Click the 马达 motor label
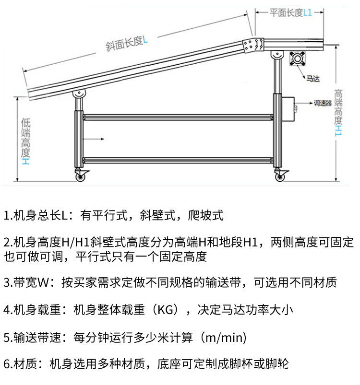point(313,79)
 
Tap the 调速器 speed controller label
point(323,103)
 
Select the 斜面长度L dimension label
point(127,43)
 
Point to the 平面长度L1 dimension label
point(291,12)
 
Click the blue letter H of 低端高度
point(25,161)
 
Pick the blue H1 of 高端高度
point(338,130)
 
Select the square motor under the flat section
point(297,58)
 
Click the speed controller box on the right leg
point(288,109)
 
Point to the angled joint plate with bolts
point(253,45)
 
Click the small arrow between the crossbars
point(94,139)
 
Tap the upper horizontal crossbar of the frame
point(178,117)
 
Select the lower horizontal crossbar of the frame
point(178,160)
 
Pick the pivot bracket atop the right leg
point(277,55)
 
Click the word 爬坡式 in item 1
point(205,215)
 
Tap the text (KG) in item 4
point(166,310)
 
